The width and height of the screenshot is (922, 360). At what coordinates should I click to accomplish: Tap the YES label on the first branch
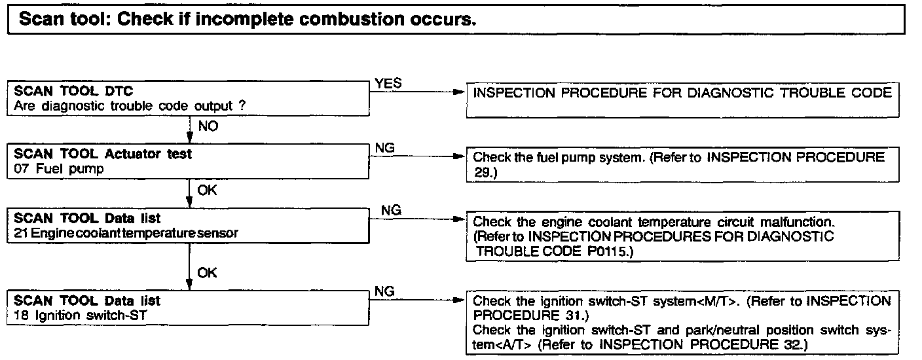tap(388, 84)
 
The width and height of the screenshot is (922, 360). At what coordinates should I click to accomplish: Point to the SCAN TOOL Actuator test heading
tap(103, 154)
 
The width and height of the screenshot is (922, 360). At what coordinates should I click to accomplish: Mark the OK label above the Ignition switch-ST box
tap(207, 272)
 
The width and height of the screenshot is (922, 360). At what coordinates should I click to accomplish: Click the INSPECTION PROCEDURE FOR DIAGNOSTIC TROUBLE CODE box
tap(681, 100)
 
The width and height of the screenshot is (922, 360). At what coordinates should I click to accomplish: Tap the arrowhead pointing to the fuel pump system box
tap(458, 158)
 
